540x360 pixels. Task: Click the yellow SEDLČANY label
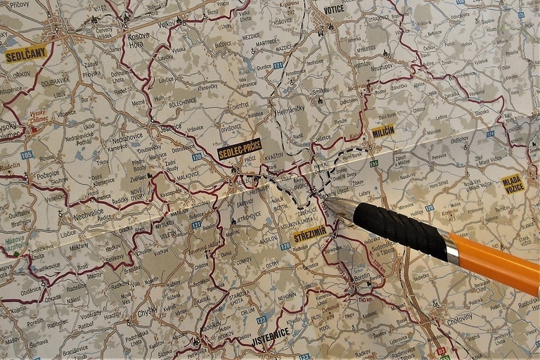pos(26,53)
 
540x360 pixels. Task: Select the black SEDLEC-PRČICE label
pos(240,149)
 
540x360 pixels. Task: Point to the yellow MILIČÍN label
pos(383,131)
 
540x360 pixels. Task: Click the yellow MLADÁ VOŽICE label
pos(513,184)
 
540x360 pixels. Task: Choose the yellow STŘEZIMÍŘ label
pos(309,234)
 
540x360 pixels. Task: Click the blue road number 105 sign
pos(27,155)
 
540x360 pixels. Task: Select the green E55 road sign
pos(374,163)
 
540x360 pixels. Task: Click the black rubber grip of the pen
pos(398,229)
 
